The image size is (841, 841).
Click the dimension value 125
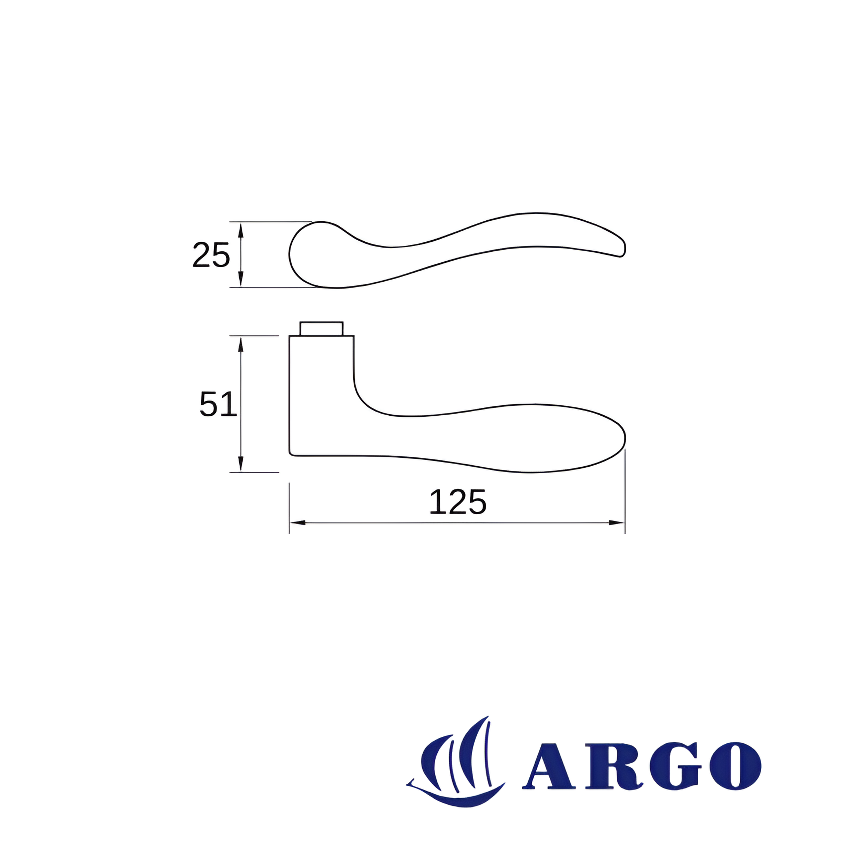coord(458,502)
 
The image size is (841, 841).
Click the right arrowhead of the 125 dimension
coord(617,522)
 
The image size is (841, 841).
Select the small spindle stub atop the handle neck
coord(321,329)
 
